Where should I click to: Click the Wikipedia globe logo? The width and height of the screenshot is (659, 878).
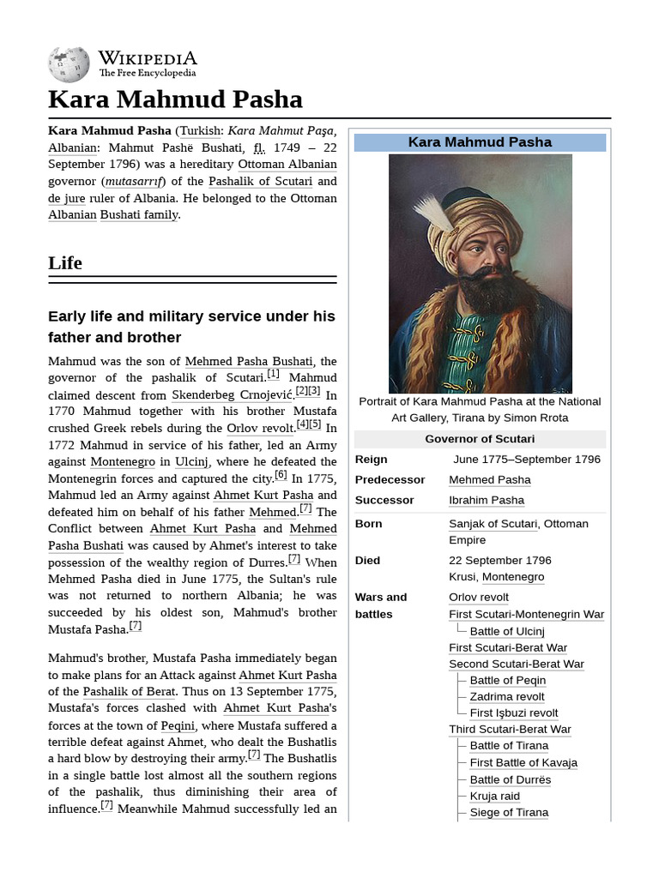[x=69, y=63]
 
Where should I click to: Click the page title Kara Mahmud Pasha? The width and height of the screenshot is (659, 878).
[x=175, y=99]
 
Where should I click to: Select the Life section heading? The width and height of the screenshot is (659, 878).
[x=65, y=263]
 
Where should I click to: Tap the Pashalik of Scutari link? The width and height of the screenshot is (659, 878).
[x=261, y=182]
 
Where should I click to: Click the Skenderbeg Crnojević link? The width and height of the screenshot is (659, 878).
[x=232, y=395]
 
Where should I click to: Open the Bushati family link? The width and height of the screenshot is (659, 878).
[x=139, y=214]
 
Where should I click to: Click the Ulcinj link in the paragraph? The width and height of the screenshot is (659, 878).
[x=192, y=462]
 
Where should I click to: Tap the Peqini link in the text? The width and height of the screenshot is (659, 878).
[x=178, y=725]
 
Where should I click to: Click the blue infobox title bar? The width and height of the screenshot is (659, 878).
[x=480, y=142]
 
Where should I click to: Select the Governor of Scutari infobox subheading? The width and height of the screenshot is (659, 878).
[x=480, y=439]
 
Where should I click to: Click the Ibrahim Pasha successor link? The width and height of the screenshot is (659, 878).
[x=487, y=500]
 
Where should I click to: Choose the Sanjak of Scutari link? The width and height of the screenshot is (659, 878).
[x=493, y=524]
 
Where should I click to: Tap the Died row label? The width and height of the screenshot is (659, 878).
[x=367, y=560]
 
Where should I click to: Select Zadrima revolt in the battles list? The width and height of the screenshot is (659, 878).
[x=507, y=696]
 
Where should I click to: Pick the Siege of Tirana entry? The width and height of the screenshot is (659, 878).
[x=509, y=812]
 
